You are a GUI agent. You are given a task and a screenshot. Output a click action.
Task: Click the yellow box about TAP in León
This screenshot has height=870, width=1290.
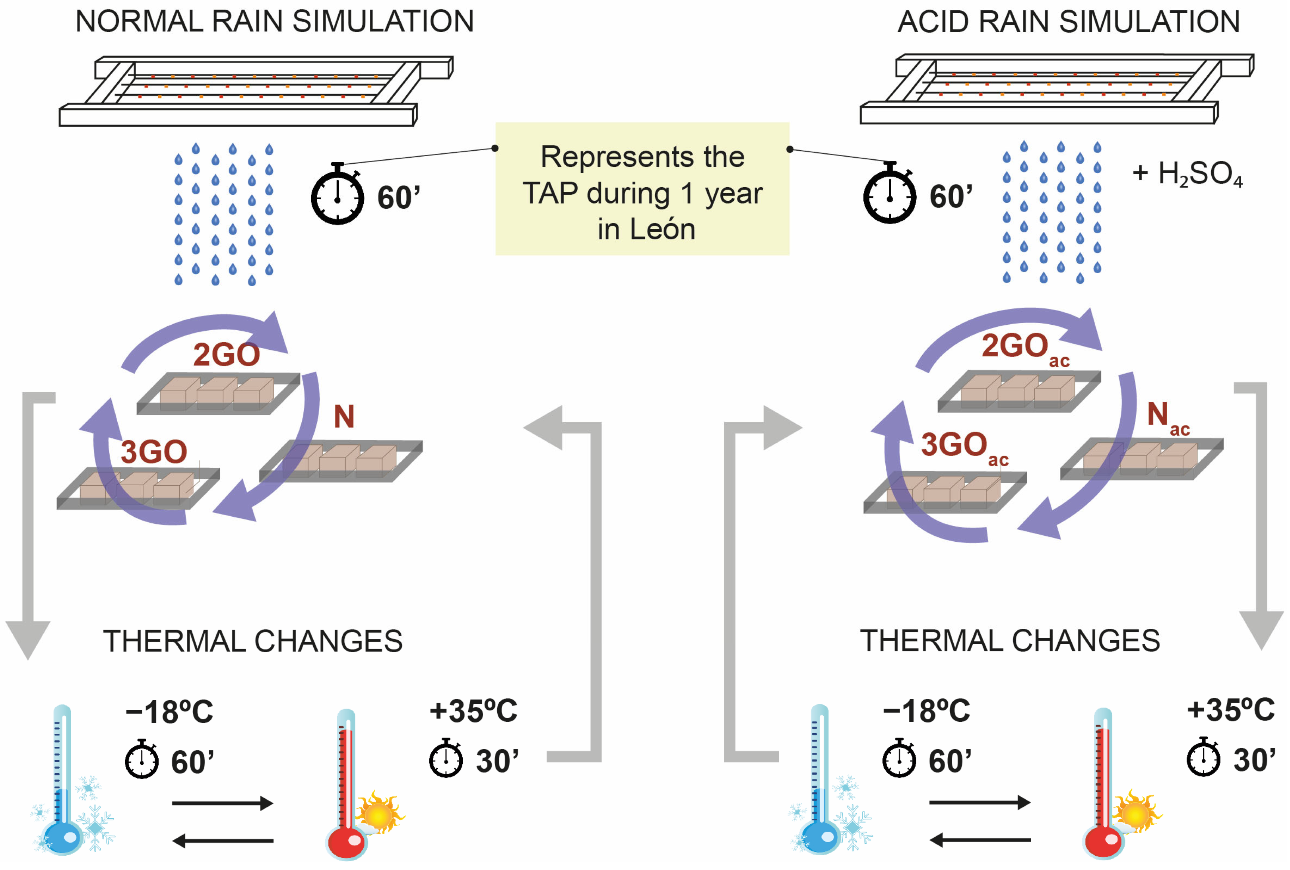coord(642,189)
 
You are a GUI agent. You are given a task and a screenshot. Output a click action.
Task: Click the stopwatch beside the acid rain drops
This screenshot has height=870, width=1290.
coord(889,194)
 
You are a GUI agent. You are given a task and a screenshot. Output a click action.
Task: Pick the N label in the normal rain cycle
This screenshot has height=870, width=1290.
coord(344,416)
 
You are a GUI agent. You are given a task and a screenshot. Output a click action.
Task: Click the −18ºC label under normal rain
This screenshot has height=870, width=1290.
coord(169,712)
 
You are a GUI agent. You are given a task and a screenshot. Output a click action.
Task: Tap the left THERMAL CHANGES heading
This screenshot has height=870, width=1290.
coord(252,641)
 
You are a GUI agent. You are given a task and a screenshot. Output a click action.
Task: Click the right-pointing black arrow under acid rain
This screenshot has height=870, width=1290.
coord(979,802)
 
